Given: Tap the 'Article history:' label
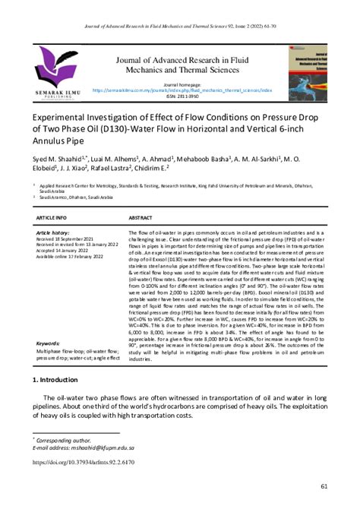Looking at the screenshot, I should pyautogui.click(x=53, y=232).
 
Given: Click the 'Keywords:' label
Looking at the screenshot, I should pyautogui.click(x=48, y=343).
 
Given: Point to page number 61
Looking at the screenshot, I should pyautogui.click(x=324, y=486).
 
